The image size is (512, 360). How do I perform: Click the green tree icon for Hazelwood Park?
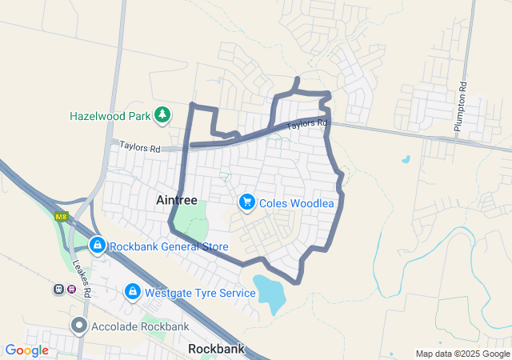[162, 115]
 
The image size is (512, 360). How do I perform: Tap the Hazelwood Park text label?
[110, 116]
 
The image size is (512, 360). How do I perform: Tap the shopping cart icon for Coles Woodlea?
[247, 203]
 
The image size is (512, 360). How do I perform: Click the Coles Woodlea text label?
[296, 203]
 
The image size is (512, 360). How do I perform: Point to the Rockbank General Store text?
[169, 246]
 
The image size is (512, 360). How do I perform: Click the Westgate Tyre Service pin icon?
[133, 293]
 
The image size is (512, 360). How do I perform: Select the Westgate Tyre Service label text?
[200, 293]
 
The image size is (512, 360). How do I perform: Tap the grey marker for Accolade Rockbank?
[79, 326]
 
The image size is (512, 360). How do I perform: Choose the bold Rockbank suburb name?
[216, 350]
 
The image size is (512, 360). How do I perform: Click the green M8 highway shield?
[61, 217]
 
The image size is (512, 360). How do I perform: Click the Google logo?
[27, 350]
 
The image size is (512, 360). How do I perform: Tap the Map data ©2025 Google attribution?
[462, 354]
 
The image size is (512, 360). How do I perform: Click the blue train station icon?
[58, 289]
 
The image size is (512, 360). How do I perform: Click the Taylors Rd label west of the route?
[140, 147]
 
